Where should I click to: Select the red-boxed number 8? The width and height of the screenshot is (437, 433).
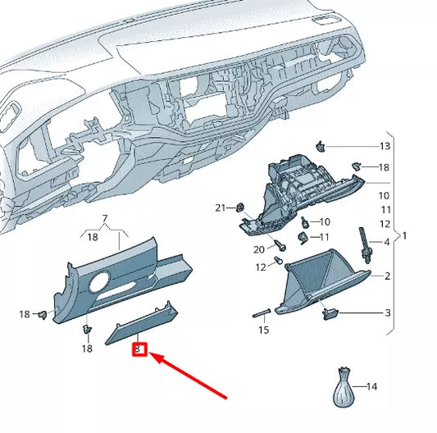pyautogui.click(x=139, y=349)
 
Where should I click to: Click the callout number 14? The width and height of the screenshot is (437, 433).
pyautogui.click(x=372, y=385)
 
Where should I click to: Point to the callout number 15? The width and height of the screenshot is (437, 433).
pyautogui.click(x=263, y=330)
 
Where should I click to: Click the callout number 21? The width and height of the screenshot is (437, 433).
pyautogui.click(x=220, y=207)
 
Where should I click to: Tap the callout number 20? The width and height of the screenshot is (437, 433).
pyautogui.click(x=259, y=248)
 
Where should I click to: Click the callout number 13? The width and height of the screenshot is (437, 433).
pyautogui.click(x=385, y=146)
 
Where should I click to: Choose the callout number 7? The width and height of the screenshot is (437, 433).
pyautogui.click(x=104, y=220)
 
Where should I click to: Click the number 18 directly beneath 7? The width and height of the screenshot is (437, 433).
pyautogui.click(x=92, y=236)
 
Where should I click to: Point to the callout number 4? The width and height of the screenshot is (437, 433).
pyautogui.click(x=386, y=241)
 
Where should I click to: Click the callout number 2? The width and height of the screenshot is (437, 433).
pyautogui.click(x=386, y=276)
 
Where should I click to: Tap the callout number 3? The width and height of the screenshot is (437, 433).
pyautogui.click(x=386, y=312)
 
